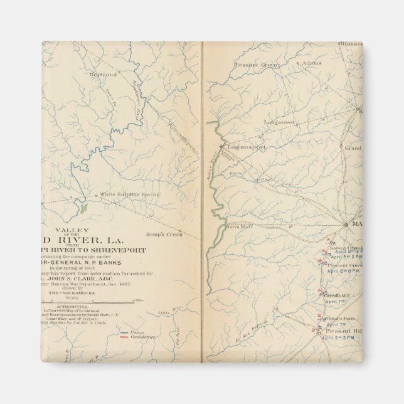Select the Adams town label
pos(311,64)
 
